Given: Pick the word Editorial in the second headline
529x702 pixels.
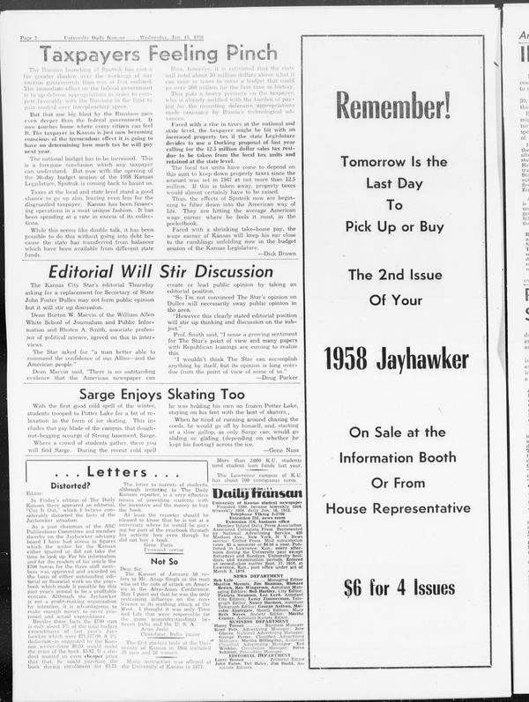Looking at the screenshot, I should tap(88, 272).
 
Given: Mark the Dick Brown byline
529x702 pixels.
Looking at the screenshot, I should tap(273, 252).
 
